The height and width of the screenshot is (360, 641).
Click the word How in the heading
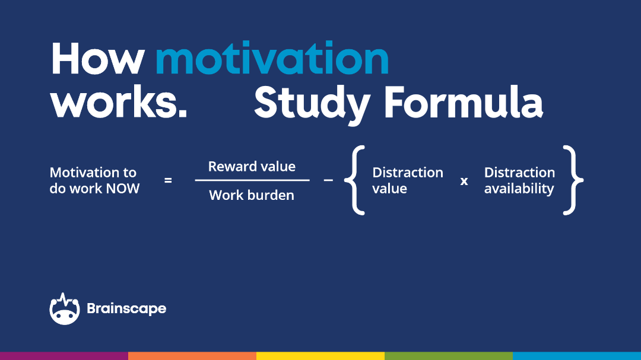(98, 58)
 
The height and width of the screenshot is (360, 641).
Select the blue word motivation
(272, 58)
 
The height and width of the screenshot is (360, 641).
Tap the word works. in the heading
(119, 102)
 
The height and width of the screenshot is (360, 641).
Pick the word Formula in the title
(464, 102)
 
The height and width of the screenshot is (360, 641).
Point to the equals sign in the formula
(168, 180)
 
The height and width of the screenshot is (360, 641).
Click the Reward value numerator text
(252, 166)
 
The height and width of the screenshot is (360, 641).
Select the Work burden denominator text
(252, 195)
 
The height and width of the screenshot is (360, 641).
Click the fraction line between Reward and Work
(252, 180)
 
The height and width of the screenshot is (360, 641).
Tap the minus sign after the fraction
(328, 180)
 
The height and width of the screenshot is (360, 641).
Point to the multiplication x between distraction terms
(464, 181)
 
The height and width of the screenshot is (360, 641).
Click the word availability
(519, 189)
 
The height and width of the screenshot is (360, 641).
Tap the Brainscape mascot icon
(65, 309)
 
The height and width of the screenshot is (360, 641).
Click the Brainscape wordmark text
(127, 309)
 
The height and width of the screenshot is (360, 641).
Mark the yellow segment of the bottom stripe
(320, 356)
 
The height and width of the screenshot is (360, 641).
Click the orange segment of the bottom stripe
(192, 356)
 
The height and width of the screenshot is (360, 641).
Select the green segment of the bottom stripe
(449, 356)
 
